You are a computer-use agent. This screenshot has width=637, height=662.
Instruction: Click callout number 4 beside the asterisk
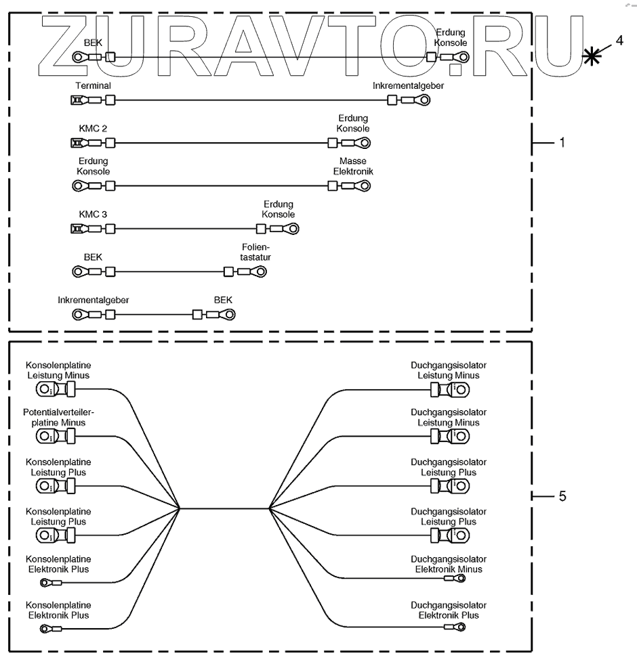[x=618, y=41]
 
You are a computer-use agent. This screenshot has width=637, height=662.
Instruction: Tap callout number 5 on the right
[x=562, y=496]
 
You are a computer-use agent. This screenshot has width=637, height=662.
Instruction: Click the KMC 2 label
[x=93, y=127]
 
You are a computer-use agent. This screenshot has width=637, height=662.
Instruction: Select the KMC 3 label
[x=93, y=215]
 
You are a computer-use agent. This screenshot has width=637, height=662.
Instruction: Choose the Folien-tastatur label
[x=260, y=252]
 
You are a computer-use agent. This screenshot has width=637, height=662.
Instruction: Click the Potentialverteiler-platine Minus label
[x=58, y=417]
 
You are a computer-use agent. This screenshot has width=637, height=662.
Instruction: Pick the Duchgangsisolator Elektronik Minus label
[x=449, y=564]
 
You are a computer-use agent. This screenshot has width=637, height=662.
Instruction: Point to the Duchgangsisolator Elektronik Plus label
[x=449, y=610]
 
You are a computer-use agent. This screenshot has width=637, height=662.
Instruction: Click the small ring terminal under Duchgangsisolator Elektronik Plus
[x=459, y=627]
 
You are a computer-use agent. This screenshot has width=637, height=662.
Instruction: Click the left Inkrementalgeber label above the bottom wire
[x=93, y=299]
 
